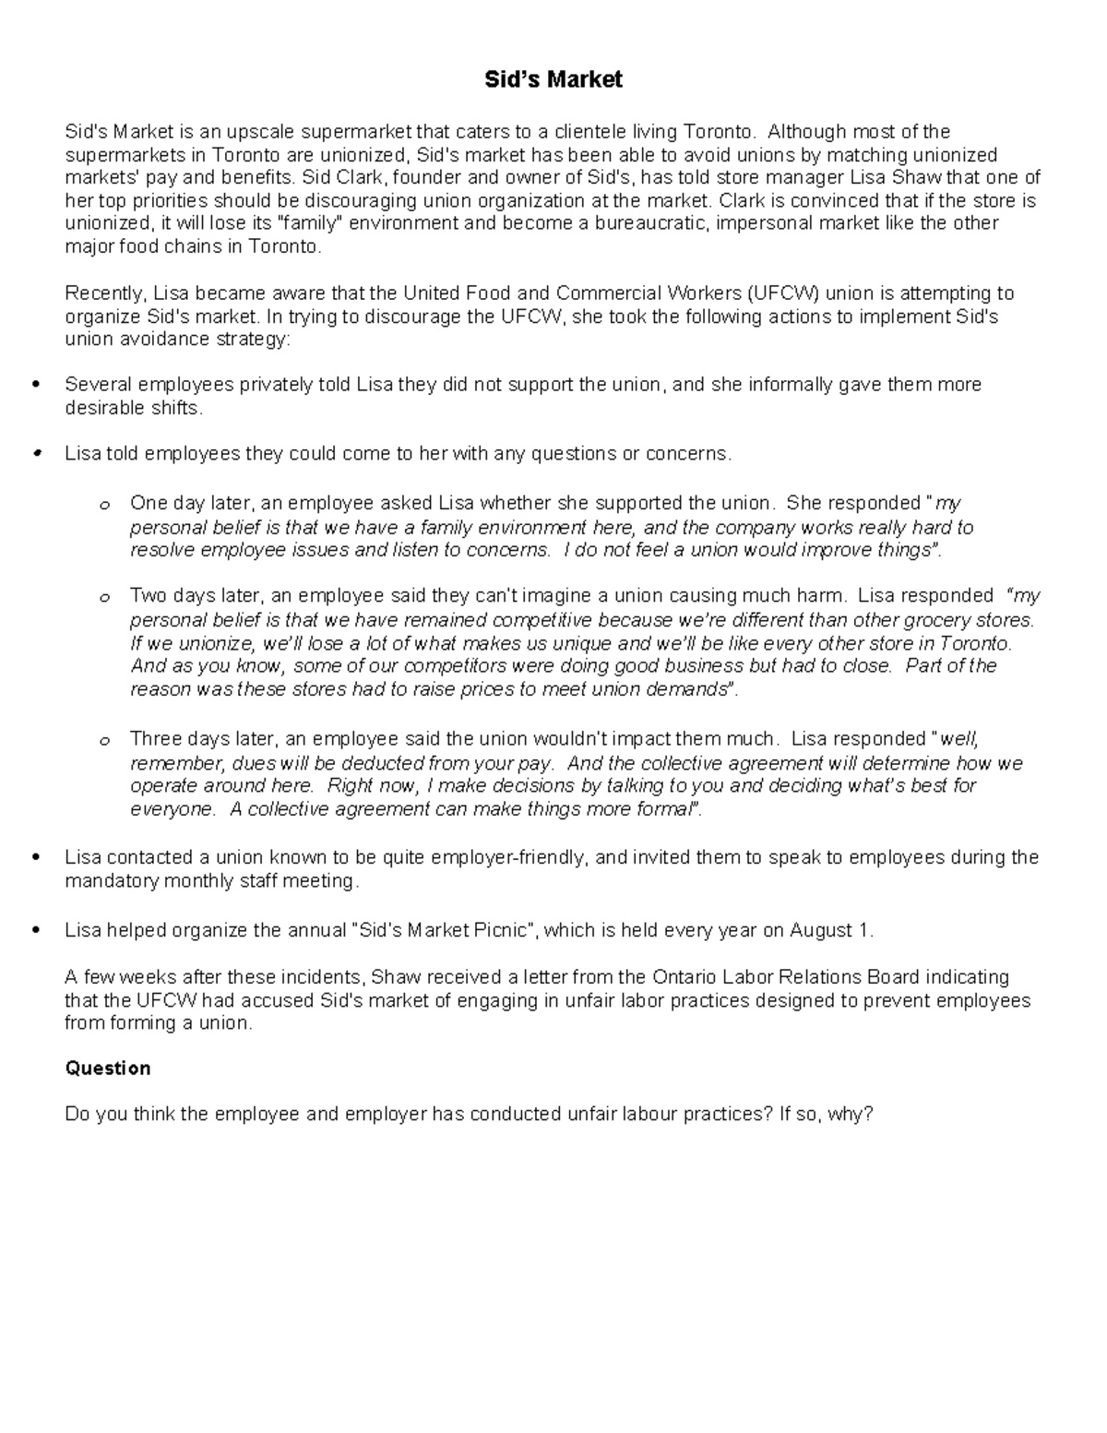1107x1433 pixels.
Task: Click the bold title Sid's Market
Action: (x=553, y=80)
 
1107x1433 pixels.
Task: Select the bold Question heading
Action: (x=107, y=1069)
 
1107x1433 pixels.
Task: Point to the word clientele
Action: (x=600, y=132)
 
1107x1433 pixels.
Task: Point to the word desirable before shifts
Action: (x=101, y=408)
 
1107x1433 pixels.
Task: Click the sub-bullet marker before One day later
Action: (x=104, y=506)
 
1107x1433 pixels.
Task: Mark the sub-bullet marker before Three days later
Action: (x=104, y=741)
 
